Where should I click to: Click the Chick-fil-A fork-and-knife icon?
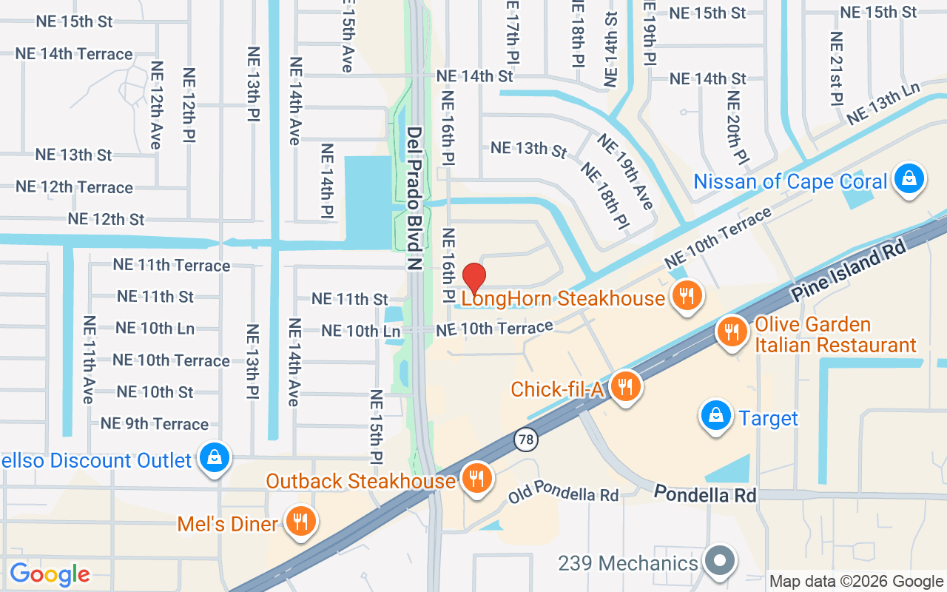point(626,386)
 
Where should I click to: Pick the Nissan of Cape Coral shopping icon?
point(909,179)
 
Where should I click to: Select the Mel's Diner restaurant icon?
point(300,522)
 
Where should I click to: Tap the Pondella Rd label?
point(705,494)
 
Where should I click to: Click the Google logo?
point(50,574)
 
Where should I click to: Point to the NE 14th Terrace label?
point(74,54)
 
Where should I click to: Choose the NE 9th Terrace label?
point(155,424)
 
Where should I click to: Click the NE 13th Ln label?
point(883,104)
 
